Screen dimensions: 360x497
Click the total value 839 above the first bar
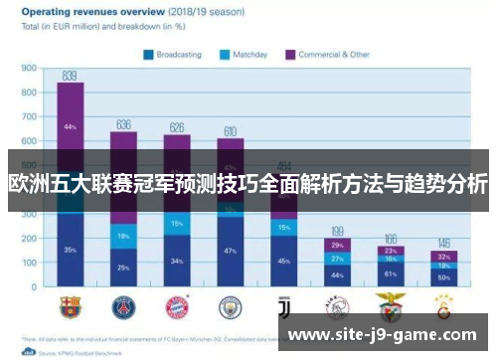click(x=70, y=75)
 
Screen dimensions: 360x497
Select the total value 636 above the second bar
click(x=123, y=124)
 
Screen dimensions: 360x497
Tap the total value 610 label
click(x=230, y=131)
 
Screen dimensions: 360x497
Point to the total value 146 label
click(x=444, y=244)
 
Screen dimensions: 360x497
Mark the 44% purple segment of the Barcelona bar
click(x=70, y=126)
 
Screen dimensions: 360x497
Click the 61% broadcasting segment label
click(x=391, y=272)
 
